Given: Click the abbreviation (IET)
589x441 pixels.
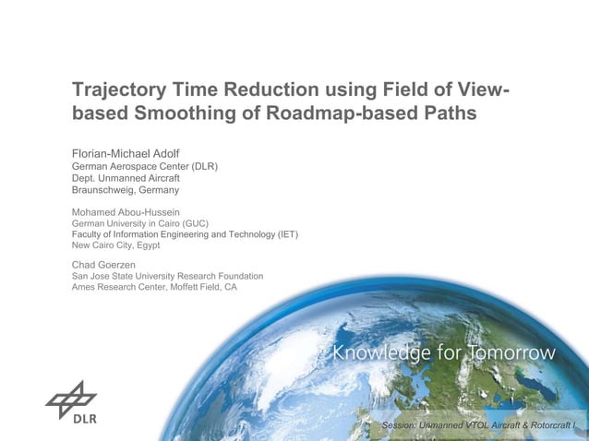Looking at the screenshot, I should pos(286,234).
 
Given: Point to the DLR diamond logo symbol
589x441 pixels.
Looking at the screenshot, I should pos(71,397).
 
